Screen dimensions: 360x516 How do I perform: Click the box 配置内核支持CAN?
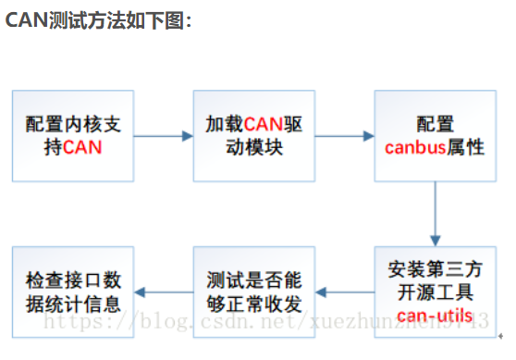coord(72,136)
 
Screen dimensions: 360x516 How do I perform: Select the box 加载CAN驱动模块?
coord(253,136)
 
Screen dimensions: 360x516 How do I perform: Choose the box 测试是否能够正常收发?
coord(253,293)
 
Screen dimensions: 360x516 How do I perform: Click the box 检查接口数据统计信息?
coord(72,293)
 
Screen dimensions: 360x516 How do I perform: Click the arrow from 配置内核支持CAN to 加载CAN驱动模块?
coord(163,136)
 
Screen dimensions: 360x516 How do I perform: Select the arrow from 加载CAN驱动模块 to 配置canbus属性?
coord(343,136)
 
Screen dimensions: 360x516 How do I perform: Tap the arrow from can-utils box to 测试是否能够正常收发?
coord(343,293)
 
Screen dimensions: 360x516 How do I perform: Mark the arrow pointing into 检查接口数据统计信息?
coord(163,293)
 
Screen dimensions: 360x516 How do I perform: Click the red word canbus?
coord(412,148)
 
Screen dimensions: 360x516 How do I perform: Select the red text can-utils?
coord(435,317)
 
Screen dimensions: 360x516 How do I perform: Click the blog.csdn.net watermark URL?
coord(268,323)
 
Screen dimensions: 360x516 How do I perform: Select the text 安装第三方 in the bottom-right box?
coord(435,271)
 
